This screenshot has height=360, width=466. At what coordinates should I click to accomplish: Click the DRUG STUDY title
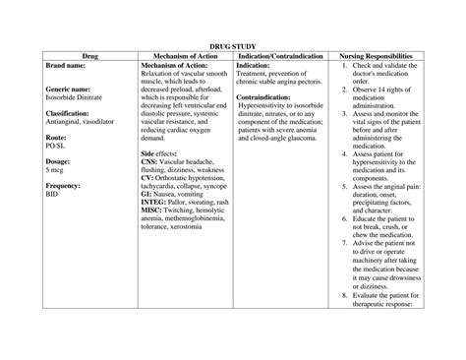(233, 45)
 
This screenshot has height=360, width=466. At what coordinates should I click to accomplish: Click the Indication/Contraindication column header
(279, 56)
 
